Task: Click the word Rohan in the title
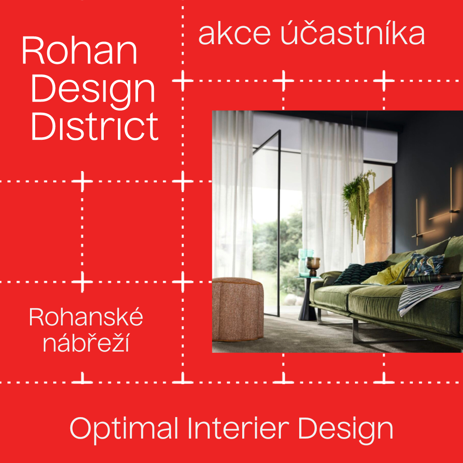click(x=80, y=50)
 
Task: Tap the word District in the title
click(x=95, y=126)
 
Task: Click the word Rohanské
click(x=86, y=316)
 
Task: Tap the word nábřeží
click(x=86, y=343)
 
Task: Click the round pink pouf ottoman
click(x=238, y=309)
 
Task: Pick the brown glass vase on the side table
click(x=313, y=266)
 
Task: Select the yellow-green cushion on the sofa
click(x=388, y=274)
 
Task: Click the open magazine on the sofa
click(x=430, y=294)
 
